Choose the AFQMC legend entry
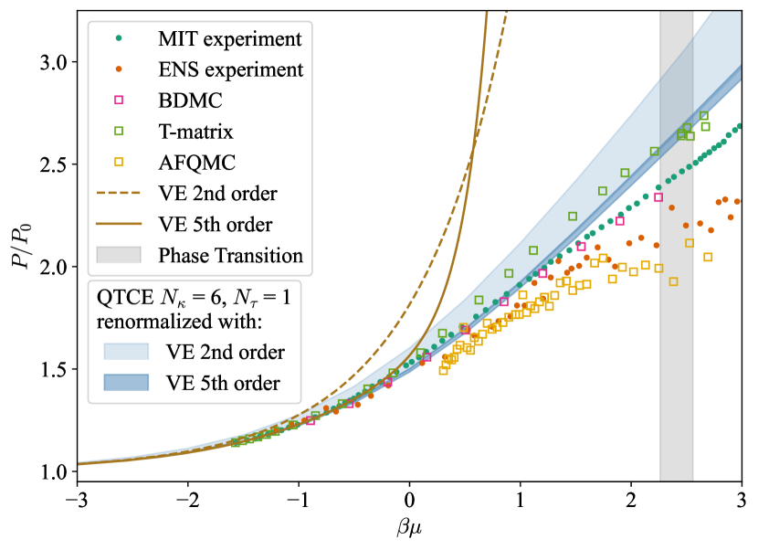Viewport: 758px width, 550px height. tap(198, 162)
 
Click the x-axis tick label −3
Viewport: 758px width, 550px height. tap(73, 501)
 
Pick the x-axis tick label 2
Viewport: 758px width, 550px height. tap(631, 501)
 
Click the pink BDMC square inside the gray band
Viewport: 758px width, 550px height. tap(658, 197)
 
